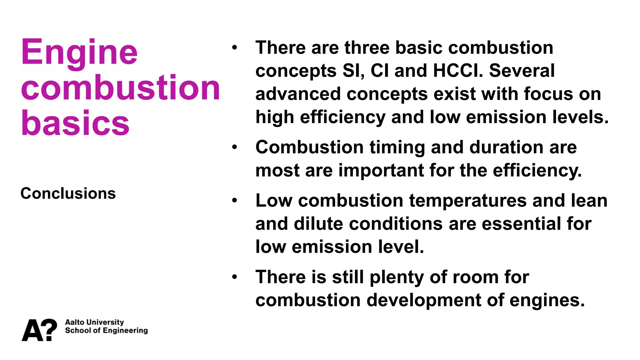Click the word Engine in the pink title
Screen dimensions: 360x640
[79, 52]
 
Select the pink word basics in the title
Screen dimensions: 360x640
[75, 123]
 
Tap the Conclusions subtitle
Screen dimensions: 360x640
[68, 193]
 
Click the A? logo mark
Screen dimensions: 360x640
[39, 330]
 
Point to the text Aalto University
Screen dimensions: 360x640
[94, 322]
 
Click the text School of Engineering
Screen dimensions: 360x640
[106, 331]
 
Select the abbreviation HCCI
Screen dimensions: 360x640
[458, 71]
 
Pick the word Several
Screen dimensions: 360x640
[522, 71]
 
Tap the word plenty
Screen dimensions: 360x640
[397, 277]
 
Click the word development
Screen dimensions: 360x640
[423, 300]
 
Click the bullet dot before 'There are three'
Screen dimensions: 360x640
[235, 48]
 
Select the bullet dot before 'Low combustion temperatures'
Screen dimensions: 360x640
[235, 201]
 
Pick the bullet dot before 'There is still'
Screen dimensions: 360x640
[235, 277]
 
